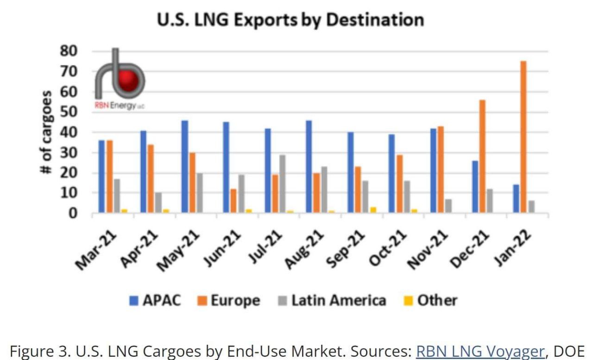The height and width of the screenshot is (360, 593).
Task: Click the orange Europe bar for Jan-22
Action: click(523, 137)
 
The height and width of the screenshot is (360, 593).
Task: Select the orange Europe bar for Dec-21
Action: click(482, 157)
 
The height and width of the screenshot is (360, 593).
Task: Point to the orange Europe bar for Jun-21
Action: click(233, 201)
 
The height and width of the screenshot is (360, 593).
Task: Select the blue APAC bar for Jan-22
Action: click(516, 199)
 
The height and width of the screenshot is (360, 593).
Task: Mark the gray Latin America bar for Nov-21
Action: click(448, 206)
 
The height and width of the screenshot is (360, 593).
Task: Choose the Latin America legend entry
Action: click(332, 301)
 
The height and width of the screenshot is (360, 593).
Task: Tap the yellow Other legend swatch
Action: click(409, 301)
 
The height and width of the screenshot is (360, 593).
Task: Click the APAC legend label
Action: click(161, 301)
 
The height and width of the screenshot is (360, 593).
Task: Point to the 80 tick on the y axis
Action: click(70, 51)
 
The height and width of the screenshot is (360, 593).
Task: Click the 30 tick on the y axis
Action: click(70, 153)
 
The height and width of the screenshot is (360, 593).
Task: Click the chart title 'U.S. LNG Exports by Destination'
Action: click(290, 20)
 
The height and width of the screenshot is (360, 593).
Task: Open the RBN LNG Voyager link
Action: click(479, 352)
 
